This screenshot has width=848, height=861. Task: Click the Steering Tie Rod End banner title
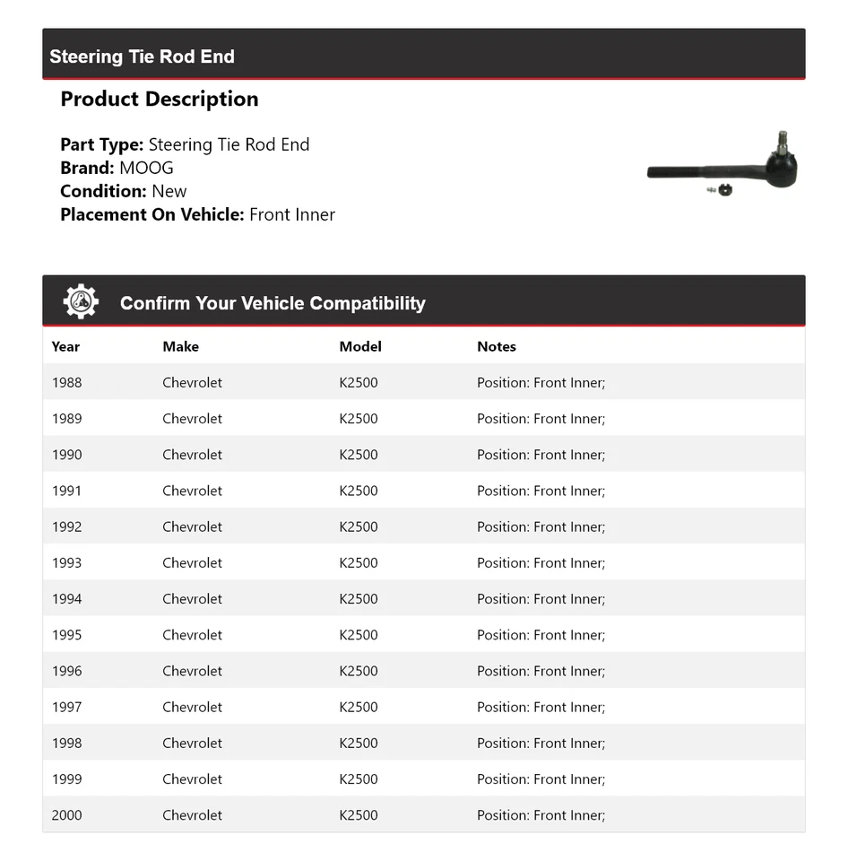142,57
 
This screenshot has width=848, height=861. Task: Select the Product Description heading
159,100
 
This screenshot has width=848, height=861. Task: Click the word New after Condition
169,191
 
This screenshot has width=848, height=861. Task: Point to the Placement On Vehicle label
151,214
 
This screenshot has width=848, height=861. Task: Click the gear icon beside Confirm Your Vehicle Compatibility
81,302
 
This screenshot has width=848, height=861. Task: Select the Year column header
65,346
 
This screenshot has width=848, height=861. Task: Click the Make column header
180,346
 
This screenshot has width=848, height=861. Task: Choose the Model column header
360,346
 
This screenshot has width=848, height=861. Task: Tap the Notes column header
497,346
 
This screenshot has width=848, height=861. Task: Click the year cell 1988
66,383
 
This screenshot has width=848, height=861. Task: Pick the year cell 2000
66,815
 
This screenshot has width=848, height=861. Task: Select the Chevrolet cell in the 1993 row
192,563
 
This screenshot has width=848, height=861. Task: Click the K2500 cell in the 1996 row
359,671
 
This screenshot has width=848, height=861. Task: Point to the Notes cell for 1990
541,455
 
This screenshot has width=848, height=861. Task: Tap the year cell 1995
66,635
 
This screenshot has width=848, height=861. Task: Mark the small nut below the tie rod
724,189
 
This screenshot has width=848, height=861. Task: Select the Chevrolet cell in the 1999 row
192,779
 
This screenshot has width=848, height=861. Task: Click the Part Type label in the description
101,144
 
